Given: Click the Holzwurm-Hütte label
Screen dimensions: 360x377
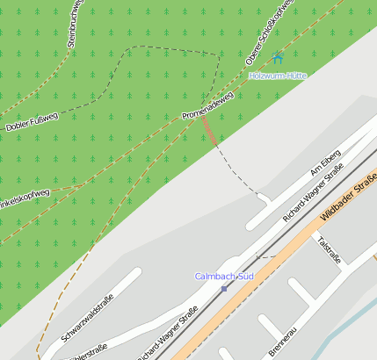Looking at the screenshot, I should (x=278, y=76).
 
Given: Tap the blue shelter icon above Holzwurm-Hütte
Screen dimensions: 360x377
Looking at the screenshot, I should (x=278, y=59).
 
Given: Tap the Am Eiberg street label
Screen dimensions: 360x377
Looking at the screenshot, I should (x=325, y=163).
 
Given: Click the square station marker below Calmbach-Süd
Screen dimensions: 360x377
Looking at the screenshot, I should (x=224, y=288).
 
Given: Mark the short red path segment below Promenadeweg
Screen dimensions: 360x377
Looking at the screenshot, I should (x=208, y=132).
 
